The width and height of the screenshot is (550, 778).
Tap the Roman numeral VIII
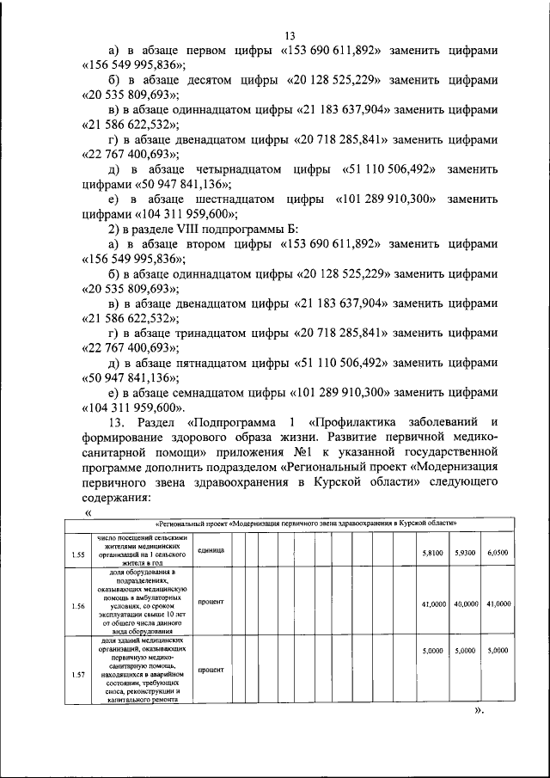pos(190,230)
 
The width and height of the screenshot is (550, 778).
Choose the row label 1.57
pos(77,675)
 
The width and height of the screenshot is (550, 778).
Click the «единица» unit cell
pos(210,549)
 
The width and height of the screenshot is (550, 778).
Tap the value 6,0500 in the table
pos(498,554)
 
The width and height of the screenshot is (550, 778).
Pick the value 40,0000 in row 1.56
pos(465,604)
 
